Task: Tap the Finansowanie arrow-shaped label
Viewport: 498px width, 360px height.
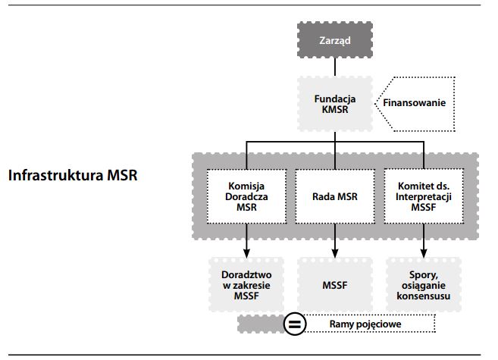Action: pyautogui.click(x=414, y=103)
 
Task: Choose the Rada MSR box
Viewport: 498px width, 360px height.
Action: pyautogui.click(x=334, y=196)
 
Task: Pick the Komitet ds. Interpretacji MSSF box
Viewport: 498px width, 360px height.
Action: pyautogui.click(x=423, y=196)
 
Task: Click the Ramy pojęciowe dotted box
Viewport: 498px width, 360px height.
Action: pyautogui.click(x=370, y=324)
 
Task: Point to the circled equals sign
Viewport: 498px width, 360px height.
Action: pyautogui.click(x=294, y=324)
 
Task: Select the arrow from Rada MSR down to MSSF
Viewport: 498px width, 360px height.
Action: pyautogui.click(x=334, y=241)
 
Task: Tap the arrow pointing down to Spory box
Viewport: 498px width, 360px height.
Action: pyautogui.click(x=423, y=241)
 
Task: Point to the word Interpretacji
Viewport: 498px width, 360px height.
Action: pyautogui.click(x=423, y=196)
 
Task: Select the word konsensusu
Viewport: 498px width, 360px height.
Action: pyautogui.click(x=423, y=296)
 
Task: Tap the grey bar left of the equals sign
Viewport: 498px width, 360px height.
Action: pyautogui.click(x=259, y=324)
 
